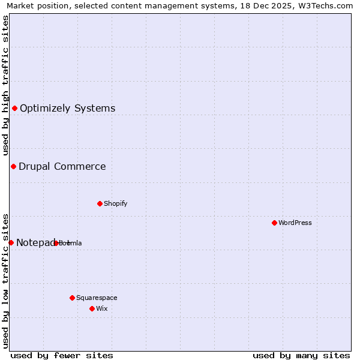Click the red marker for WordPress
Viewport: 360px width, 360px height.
(274, 223)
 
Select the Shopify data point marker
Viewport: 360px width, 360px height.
(100, 203)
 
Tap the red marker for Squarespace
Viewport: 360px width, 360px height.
(72, 298)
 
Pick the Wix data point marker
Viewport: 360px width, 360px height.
(92, 308)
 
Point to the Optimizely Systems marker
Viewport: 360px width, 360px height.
(14, 108)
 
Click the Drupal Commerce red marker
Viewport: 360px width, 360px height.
(13, 166)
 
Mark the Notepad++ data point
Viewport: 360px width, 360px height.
(11, 242)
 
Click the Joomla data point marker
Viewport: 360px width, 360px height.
(56, 243)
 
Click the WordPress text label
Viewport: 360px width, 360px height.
(295, 223)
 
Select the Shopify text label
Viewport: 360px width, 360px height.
(116, 204)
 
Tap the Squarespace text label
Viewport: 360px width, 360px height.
(97, 298)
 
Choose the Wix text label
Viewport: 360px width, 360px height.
(101, 309)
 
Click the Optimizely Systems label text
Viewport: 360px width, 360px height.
(68, 109)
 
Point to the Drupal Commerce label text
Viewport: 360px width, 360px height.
(62, 167)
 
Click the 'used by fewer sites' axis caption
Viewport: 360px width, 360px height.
(62, 355)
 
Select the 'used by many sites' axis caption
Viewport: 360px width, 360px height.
(301, 355)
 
